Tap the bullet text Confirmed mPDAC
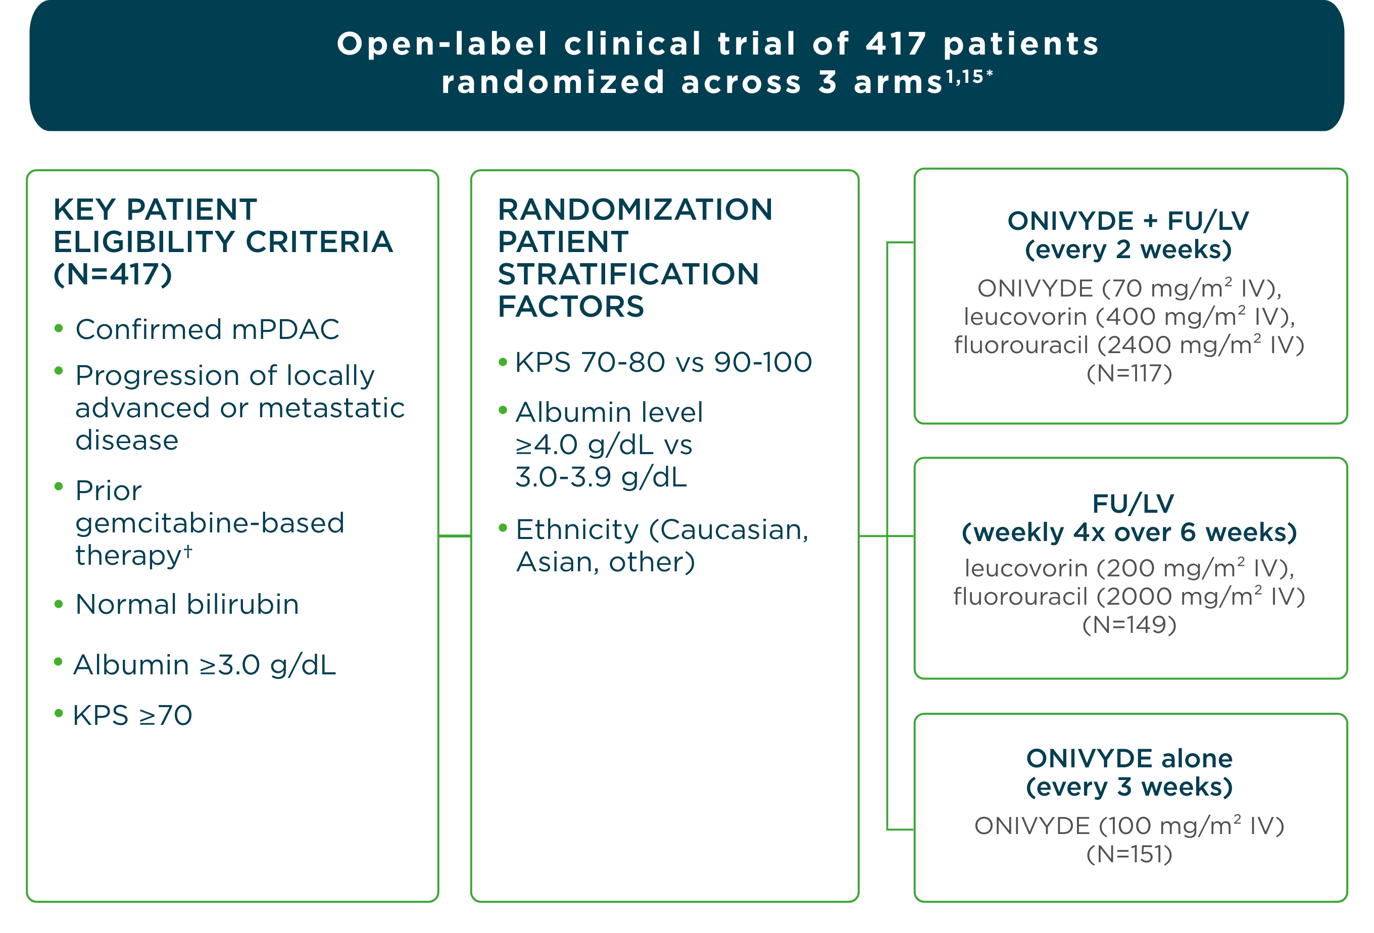[x=207, y=329]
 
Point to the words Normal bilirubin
[x=187, y=604]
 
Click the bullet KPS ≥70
[x=132, y=715]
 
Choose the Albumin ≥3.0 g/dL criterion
[x=205, y=665]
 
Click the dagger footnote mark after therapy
[x=187, y=551]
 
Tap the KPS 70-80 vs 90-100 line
[x=663, y=362]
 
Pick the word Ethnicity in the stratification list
[x=577, y=529]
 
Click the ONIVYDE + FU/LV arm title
[x=1128, y=221]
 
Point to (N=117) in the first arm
[x=1129, y=373]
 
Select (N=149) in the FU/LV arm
[x=1129, y=624]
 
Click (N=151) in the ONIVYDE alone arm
[x=1129, y=854]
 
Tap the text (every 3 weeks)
[x=1129, y=787]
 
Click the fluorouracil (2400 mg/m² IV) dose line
[x=1129, y=345]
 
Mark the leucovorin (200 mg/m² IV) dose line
[x=1129, y=568]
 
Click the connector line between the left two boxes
[x=455, y=535]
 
